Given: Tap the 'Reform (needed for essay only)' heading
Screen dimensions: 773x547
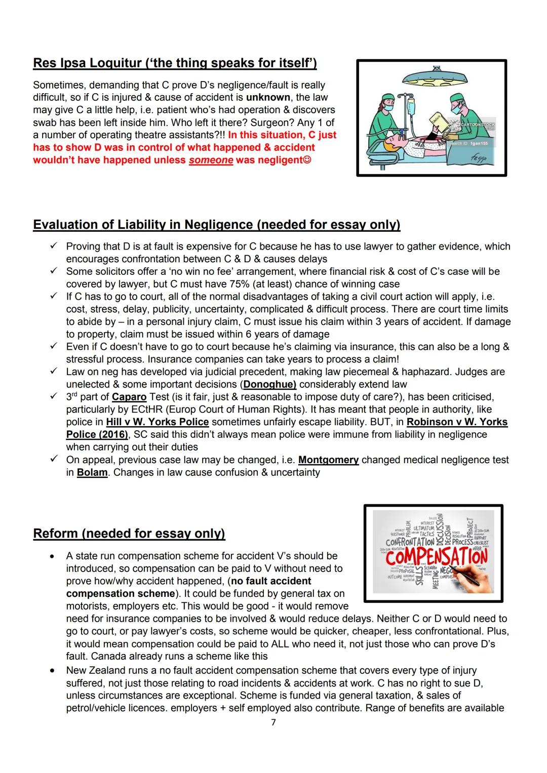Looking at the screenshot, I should [129, 534].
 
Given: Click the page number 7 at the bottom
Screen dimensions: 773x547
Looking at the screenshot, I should [273, 722].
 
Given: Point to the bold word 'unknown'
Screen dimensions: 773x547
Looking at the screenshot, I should [268, 97].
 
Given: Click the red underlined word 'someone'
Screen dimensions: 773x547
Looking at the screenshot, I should [211, 160].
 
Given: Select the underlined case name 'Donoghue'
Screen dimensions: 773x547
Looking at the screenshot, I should [270, 384].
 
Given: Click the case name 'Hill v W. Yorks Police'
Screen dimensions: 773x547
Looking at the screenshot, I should [158, 422].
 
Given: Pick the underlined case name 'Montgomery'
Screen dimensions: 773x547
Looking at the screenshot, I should [328, 460].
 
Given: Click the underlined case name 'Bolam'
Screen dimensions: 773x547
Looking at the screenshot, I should [92, 472].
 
